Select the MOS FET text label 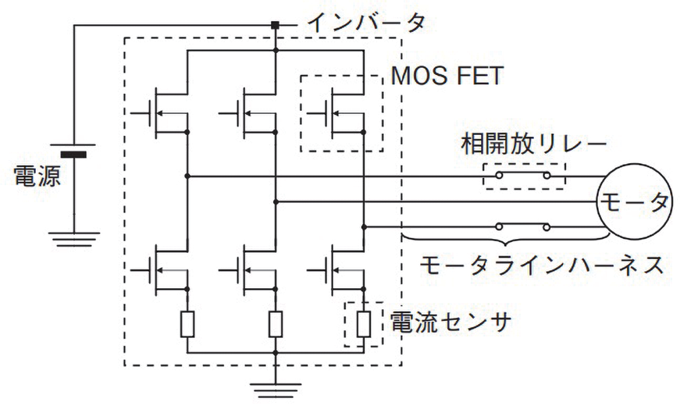point(447,78)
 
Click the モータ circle point(635,201)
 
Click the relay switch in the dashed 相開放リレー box point(524,176)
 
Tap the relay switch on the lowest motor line point(524,228)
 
